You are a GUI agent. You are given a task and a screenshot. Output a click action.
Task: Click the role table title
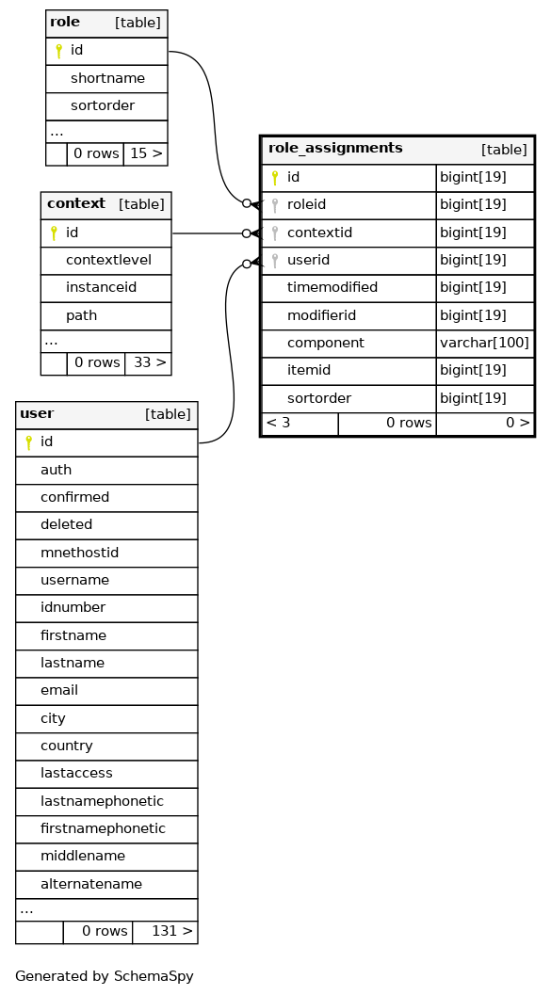[x=65, y=23]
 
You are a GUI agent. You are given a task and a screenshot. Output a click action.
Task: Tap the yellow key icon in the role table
[x=58, y=51]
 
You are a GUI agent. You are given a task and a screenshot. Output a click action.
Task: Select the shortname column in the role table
[x=107, y=79]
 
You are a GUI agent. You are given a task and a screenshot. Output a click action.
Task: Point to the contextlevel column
[x=108, y=260]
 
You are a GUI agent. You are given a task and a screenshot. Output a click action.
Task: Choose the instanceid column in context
[x=101, y=287]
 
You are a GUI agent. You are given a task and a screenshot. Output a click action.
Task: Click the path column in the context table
[x=81, y=315]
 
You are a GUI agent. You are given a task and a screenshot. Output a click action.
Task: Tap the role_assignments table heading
[x=335, y=149]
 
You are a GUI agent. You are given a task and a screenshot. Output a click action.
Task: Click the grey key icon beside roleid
[x=275, y=205]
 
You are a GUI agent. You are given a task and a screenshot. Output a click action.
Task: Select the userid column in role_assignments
[x=308, y=260]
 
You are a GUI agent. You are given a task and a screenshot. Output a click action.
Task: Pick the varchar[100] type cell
[x=484, y=344]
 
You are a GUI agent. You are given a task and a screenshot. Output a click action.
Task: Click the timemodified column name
[x=332, y=287]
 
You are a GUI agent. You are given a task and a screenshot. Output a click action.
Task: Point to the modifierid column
[x=321, y=315]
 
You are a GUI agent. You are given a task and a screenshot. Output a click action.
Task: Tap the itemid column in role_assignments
[x=309, y=371]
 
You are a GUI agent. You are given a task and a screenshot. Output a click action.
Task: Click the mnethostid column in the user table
[x=79, y=553]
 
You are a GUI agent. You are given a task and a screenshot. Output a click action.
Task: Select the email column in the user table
[x=59, y=690]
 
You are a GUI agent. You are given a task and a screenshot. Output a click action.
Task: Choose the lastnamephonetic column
[x=102, y=801]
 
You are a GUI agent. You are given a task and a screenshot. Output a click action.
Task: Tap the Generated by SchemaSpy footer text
[x=105, y=976]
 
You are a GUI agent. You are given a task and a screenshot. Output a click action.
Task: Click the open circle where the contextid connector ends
[x=246, y=233]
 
